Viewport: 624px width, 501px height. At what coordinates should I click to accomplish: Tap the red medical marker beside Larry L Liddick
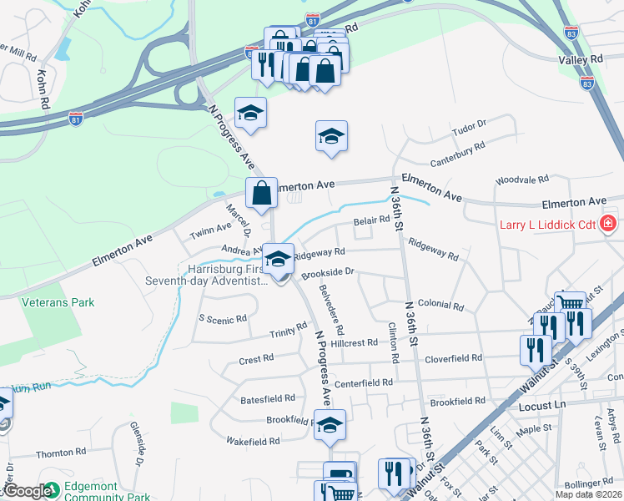coord(608,224)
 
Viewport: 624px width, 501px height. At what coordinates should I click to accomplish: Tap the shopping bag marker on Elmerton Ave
coord(262,193)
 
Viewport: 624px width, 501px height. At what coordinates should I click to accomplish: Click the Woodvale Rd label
coord(521,180)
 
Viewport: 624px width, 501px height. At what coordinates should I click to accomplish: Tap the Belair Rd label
coord(371,220)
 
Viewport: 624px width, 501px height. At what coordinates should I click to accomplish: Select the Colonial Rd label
coord(440,306)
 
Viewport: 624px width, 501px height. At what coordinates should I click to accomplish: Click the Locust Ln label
coord(542,405)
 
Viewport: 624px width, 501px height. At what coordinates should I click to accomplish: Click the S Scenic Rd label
coord(223,318)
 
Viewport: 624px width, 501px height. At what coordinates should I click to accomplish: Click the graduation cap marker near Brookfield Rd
coord(330,425)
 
